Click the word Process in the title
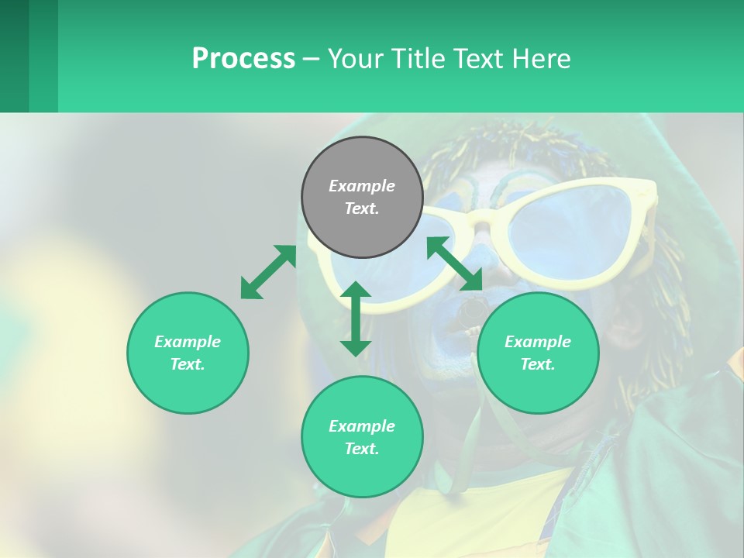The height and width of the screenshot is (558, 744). click(243, 59)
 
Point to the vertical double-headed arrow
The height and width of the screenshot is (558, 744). click(356, 319)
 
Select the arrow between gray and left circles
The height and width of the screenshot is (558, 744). click(268, 271)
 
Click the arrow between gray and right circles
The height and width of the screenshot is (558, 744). click(454, 263)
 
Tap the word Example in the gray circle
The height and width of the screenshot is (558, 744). click(362, 186)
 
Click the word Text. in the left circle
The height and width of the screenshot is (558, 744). click(188, 364)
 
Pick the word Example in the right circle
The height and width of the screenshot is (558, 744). click(538, 342)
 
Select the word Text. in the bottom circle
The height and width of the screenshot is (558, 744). click(362, 449)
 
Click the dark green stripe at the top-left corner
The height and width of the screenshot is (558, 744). click(14, 56)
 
